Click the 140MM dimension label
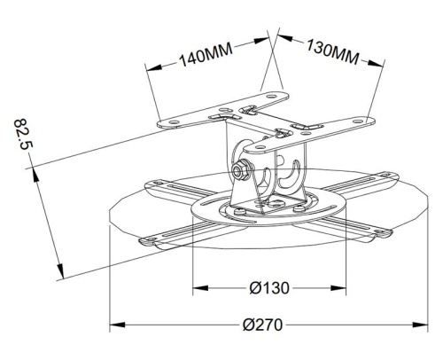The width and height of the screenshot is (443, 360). click(x=206, y=56)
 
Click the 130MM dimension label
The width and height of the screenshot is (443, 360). click(x=332, y=52)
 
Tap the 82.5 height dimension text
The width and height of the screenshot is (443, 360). click(x=24, y=134)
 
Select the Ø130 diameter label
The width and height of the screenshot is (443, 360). click(x=269, y=288)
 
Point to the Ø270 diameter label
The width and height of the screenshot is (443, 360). click(x=262, y=325)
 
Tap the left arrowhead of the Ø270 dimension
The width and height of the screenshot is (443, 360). click(x=117, y=325)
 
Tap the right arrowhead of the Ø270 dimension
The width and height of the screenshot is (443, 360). click(x=420, y=325)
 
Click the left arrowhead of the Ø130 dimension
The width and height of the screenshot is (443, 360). click(x=200, y=288)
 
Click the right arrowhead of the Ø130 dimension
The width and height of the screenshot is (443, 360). click(x=338, y=288)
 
